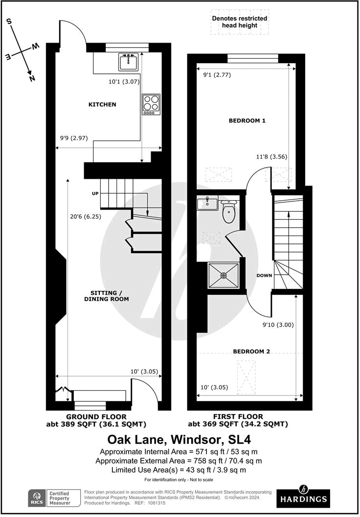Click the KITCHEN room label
click(x=102, y=104)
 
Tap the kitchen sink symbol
click(x=129, y=62)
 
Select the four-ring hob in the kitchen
click(x=151, y=104)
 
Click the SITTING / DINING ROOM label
click(x=107, y=296)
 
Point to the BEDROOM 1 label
click(x=247, y=120)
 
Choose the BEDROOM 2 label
click(x=251, y=351)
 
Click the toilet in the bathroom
click(x=229, y=212)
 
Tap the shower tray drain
click(x=224, y=276)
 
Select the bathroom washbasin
click(x=208, y=203)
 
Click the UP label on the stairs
click(x=96, y=194)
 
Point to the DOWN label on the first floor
click(x=264, y=275)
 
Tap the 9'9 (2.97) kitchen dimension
click(x=73, y=138)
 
